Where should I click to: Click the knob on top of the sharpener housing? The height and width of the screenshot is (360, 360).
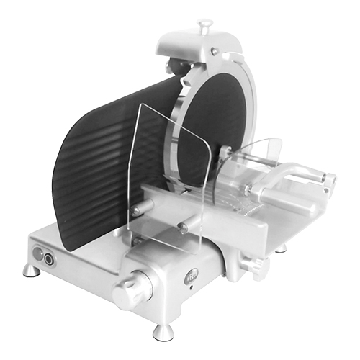click(204, 27)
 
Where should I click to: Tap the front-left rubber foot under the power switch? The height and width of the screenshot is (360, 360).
click(31, 270)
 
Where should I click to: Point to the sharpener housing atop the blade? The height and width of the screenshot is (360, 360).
click(202, 50)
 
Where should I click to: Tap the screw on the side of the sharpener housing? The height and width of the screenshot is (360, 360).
click(214, 51)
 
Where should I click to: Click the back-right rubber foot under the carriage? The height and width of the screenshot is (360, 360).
click(280, 248)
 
